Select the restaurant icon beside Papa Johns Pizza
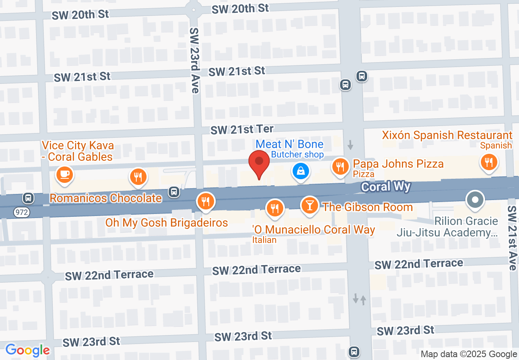click(x=340, y=166)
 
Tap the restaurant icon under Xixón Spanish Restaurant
click(x=488, y=162)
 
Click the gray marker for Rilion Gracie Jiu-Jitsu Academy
click(x=475, y=200)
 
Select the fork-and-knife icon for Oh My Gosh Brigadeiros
click(x=205, y=201)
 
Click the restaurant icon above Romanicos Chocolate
click(x=138, y=177)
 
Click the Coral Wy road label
click(x=386, y=187)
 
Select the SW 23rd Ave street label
click(x=194, y=60)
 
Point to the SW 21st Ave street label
click(x=512, y=238)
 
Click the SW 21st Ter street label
click(x=242, y=130)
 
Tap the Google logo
click(x=27, y=350)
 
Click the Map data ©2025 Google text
click(x=469, y=354)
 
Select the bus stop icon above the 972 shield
click(x=28, y=198)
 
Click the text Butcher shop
click(x=298, y=155)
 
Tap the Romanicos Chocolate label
click(x=106, y=198)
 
